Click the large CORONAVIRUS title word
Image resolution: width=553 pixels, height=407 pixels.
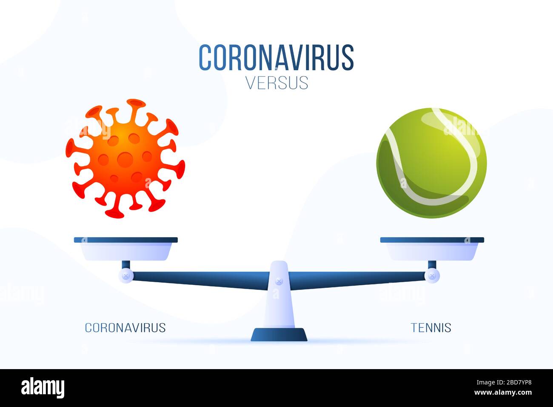click(276, 57)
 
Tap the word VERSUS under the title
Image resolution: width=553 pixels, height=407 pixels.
click(276, 83)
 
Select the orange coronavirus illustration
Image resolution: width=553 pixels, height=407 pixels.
click(125, 158)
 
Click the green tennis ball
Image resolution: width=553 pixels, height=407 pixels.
click(431, 163)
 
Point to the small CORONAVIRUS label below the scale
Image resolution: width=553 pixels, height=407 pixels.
click(125, 327)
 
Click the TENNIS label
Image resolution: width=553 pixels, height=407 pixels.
click(431, 327)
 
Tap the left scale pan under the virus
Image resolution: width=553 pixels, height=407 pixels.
click(125, 249)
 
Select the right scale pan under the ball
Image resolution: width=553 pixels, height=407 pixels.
click(432, 249)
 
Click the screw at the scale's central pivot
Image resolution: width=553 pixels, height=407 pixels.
click(279, 281)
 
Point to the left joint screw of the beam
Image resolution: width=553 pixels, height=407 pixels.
click(126, 276)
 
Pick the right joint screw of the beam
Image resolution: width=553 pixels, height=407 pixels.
click(432, 276)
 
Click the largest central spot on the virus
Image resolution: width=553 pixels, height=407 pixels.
click(125, 160)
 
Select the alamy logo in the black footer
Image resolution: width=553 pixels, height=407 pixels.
click(43, 388)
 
